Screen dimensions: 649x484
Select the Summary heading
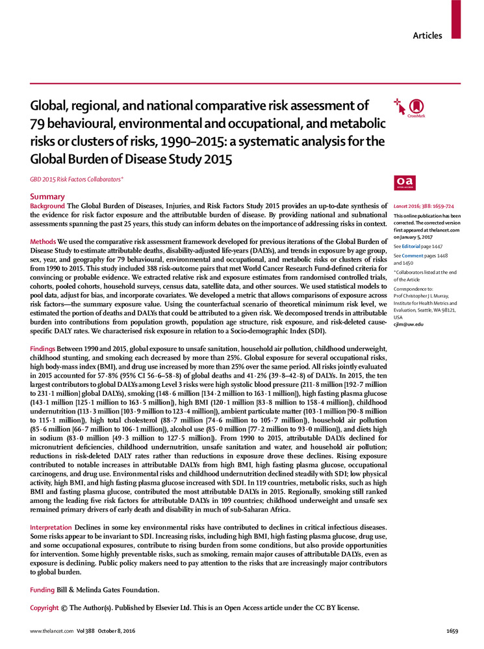point(47,197)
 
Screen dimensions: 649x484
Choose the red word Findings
point(44,349)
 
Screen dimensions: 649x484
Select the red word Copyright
point(45,607)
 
